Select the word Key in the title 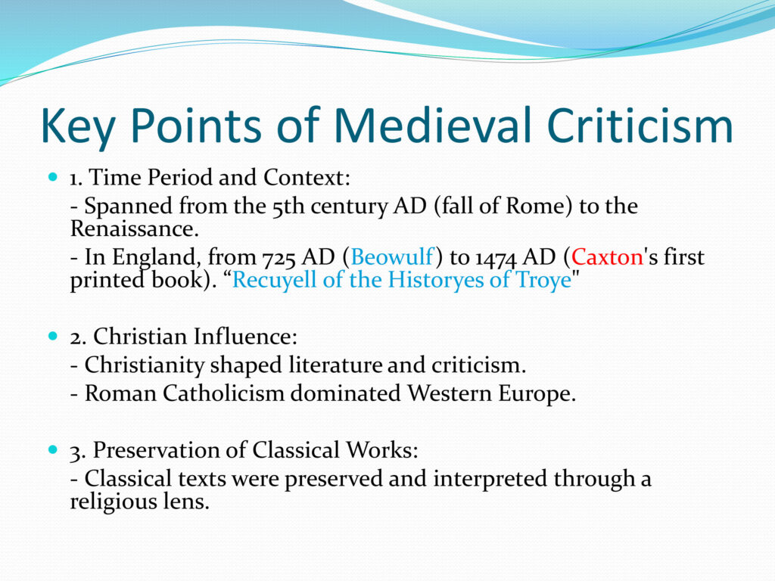[78, 127]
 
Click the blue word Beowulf [392, 257]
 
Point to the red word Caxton [607, 257]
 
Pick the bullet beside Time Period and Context [54, 176]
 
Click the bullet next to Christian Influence [54, 336]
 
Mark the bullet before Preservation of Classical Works [54, 449]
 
